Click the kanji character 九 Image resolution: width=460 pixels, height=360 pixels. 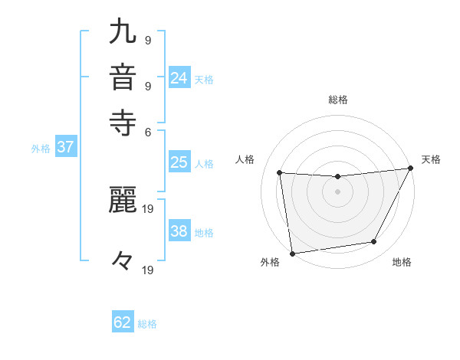(x=123, y=33)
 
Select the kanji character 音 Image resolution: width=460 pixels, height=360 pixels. (x=123, y=78)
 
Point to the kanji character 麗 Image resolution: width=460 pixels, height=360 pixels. (x=123, y=201)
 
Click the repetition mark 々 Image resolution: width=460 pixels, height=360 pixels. (x=123, y=261)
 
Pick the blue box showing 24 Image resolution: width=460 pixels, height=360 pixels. (x=179, y=78)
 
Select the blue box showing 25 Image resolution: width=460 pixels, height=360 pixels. (x=179, y=162)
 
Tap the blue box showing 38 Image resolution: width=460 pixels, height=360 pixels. (x=179, y=231)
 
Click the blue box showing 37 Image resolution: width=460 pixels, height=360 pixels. (x=65, y=148)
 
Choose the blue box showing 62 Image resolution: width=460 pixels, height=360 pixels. (x=123, y=322)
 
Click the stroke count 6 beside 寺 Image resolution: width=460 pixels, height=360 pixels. (x=147, y=131)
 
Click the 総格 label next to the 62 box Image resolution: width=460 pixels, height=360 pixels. (x=147, y=324)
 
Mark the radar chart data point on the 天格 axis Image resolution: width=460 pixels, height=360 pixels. (x=412, y=169)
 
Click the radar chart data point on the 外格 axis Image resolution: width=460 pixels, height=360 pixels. (x=292, y=254)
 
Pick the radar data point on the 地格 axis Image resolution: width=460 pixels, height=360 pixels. (x=374, y=242)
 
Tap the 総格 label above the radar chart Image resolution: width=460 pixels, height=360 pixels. (x=338, y=100)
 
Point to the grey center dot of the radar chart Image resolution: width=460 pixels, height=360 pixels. (x=337, y=191)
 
